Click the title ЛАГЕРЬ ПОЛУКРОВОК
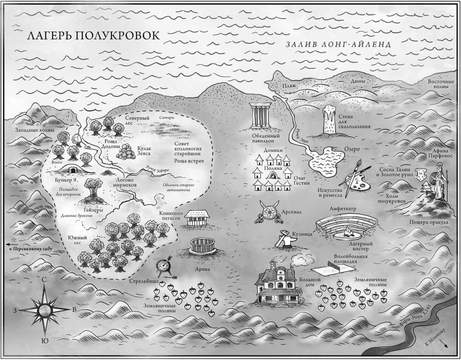[x=93, y=36]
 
